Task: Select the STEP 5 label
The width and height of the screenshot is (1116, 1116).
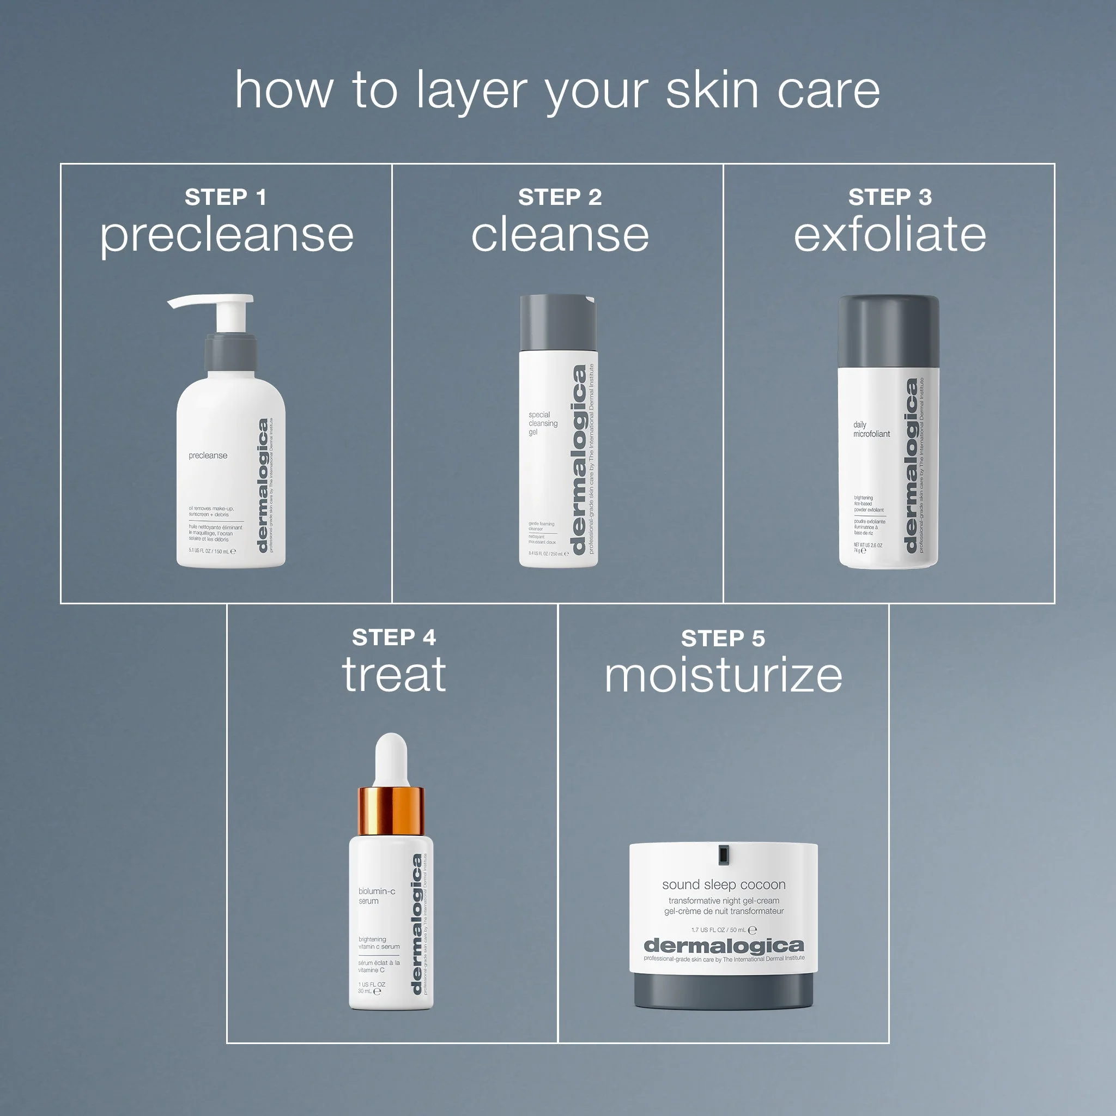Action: (x=723, y=638)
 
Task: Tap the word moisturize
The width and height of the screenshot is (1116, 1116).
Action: (x=723, y=675)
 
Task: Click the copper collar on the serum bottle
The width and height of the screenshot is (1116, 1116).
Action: (x=391, y=810)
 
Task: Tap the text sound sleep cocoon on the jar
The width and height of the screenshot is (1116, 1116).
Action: (x=723, y=884)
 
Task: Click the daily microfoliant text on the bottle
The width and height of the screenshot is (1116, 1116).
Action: (x=871, y=429)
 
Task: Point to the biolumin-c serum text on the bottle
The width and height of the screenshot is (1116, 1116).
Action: (x=376, y=896)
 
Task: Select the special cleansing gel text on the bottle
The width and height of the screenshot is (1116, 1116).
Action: (x=542, y=423)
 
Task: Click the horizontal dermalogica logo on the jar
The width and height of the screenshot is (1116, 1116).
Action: (x=723, y=946)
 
